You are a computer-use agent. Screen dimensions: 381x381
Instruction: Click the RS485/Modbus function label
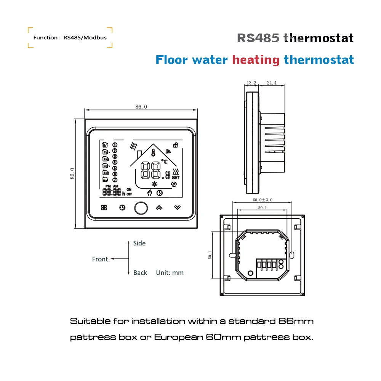(70, 38)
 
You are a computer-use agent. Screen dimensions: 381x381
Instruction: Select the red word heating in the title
(256, 60)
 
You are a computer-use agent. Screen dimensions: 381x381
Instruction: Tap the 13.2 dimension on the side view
(251, 82)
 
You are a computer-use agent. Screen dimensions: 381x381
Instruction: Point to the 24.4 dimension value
(272, 82)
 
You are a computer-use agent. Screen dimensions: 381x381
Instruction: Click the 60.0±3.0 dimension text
(263, 200)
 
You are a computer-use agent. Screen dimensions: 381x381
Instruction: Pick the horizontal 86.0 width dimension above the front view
(141, 107)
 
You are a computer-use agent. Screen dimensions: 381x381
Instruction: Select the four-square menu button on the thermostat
(104, 208)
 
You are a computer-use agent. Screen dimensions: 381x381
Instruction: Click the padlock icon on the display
(176, 145)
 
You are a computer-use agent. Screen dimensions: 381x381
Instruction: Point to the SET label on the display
(176, 178)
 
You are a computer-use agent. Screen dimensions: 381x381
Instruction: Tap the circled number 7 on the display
(115, 179)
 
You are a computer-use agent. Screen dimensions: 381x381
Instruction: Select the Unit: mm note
(170, 273)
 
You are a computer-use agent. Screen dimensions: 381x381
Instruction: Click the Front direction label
(100, 259)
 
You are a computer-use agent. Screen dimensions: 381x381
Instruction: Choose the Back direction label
(140, 273)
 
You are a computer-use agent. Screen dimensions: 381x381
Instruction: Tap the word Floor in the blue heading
(172, 60)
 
